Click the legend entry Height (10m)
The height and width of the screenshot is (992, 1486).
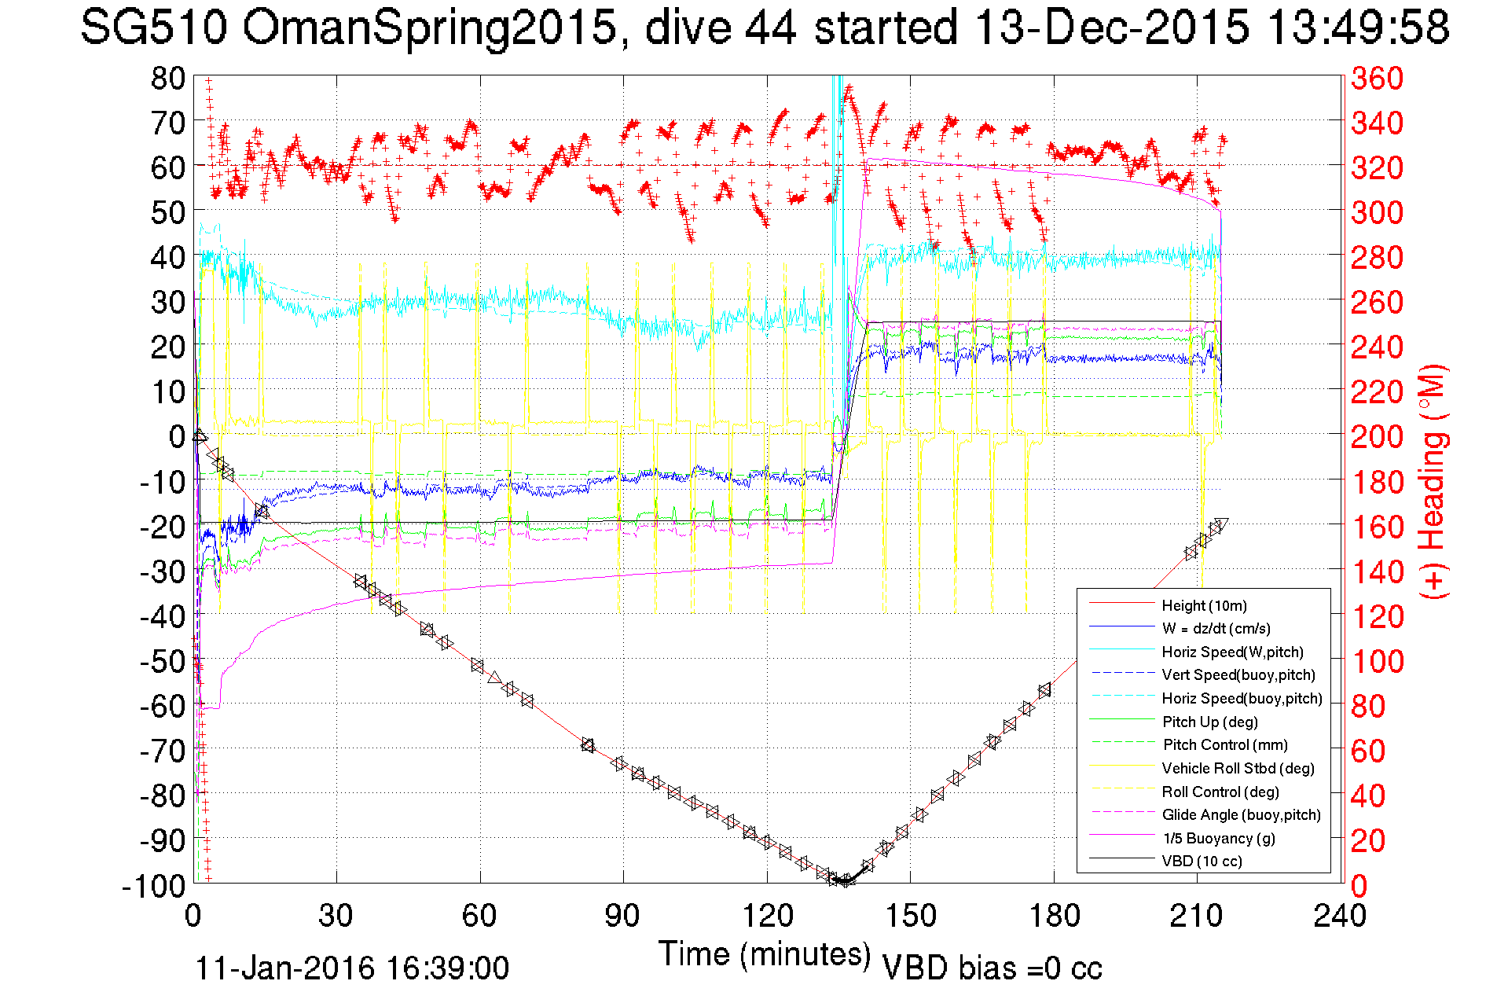1204,605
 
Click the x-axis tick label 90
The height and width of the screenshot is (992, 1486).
622,915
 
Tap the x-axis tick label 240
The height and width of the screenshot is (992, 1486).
1340,915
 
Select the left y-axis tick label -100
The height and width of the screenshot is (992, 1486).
153,886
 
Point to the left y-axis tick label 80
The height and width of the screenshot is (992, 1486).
167,78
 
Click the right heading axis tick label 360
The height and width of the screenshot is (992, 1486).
1377,78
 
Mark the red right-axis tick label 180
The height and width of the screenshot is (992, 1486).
1377,482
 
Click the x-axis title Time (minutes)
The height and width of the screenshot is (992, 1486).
765,954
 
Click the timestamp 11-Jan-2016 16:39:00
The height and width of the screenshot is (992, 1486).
352,968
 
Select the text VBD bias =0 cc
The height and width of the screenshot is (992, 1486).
992,968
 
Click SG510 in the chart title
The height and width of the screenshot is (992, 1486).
154,28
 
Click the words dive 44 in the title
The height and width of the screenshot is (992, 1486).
721,28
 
